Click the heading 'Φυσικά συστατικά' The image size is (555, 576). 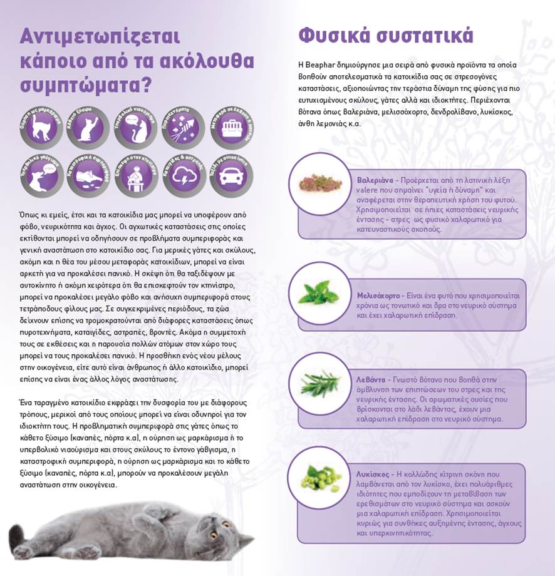385,35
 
